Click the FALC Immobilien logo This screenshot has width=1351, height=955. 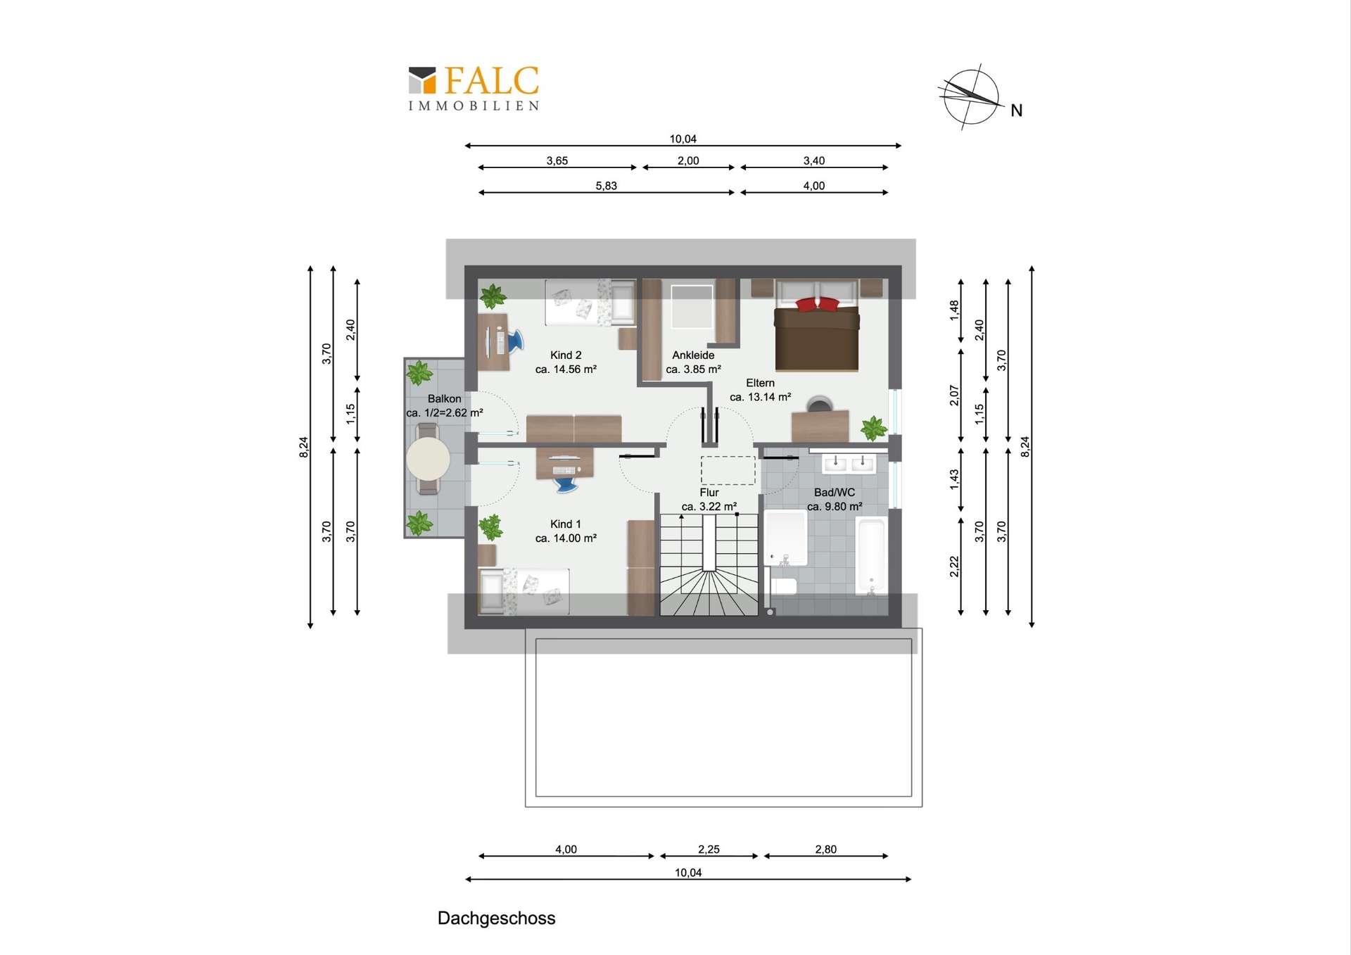474,89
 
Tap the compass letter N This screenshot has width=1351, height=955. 1016,110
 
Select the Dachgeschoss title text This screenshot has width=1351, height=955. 496,918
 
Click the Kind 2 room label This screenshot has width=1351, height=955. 566,355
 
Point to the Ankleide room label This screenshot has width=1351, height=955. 693,355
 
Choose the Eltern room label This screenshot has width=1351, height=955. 760,383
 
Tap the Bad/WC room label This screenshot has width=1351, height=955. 835,493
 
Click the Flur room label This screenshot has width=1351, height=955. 709,493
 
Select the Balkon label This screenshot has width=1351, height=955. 444,399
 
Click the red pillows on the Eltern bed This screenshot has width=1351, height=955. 817,304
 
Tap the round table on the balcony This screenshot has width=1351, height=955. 428,459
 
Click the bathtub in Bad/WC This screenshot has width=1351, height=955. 870,556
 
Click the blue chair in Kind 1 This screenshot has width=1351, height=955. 566,483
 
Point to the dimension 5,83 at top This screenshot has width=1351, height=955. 606,186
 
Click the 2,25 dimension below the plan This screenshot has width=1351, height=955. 709,849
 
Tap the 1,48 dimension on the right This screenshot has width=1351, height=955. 954,310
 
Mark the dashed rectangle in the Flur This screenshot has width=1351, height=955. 728,470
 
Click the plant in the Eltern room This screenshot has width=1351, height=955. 873,428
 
